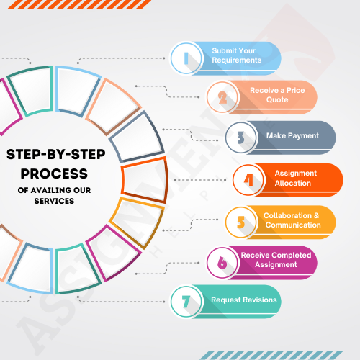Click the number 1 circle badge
(x=186, y=58)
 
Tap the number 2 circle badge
(x=222, y=97)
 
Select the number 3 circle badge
(x=241, y=138)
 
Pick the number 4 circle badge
(x=248, y=180)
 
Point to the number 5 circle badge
(x=241, y=222)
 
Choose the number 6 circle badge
(x=222, y=263)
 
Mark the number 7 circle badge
(x=186, y=302)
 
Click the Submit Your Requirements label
(x=237, y=55)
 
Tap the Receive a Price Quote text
(x=277, y=95)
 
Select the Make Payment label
(x=292, y=136)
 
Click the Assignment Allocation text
(x=296, y=178)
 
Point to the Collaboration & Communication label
(x=292, y=220)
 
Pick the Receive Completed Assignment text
(x=276, y=260)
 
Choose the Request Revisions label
(x=244, y=300)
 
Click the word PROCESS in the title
(x=54, y=174)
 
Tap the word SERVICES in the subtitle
(x=54, y=201)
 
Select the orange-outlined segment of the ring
(x=144, y=180)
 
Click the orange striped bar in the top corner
(x=80, y=4)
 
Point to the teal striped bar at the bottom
(x=271, y=356)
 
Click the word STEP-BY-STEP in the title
(x=56, y=154)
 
